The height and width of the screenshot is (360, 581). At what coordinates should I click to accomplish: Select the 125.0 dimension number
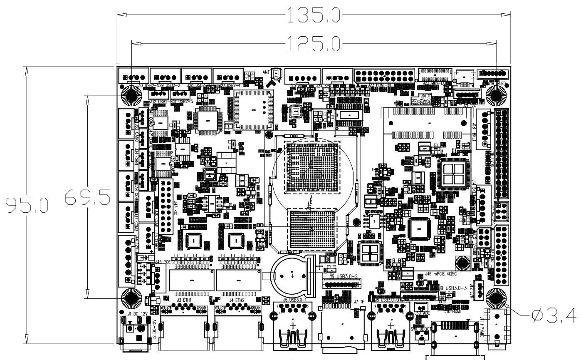pyautogui.click(x=314, y=42)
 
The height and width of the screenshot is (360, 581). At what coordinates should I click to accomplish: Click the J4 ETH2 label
pyautogui.click(x=237, y=300)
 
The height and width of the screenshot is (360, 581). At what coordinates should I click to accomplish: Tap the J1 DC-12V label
pyautogui.click(x=137, y=313)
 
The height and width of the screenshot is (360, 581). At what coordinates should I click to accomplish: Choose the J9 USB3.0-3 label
pyautogui.click(x=456, y=288)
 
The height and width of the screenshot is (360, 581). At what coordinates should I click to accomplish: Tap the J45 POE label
pyautogui.click(x=163, y=262)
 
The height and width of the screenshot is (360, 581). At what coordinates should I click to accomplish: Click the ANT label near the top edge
pyautogui.click(x=266, y=72)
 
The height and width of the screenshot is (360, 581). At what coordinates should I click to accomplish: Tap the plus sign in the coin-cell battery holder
pyautogui.click(x=292, y=276)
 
